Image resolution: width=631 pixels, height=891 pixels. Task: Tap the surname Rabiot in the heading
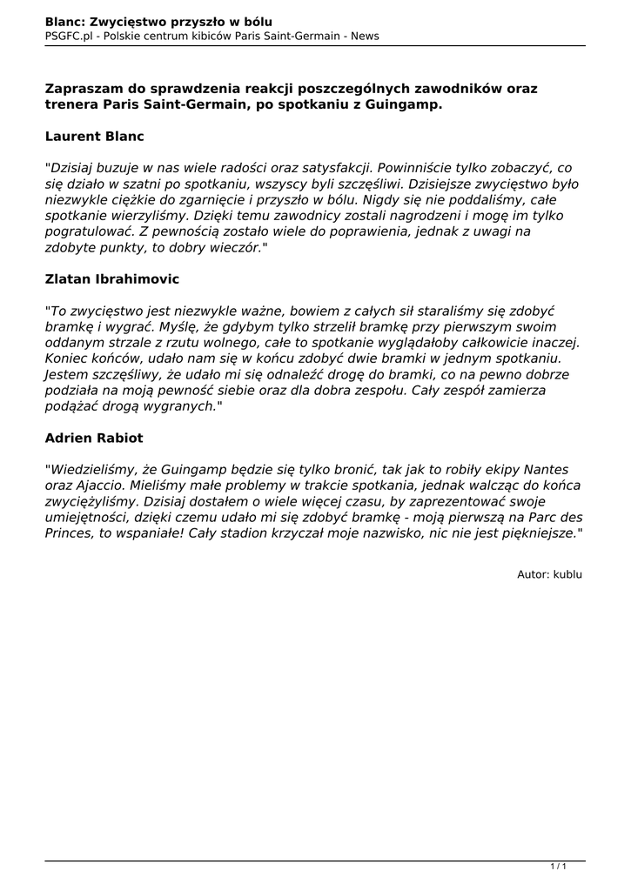tap(117, 438)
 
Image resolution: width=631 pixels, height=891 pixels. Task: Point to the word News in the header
tap(364, 36)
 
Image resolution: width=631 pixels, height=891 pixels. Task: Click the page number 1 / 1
tap(559, 866)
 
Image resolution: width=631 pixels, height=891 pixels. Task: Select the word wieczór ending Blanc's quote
tap(233, 247)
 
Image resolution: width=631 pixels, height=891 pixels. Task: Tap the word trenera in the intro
tap(71, 104)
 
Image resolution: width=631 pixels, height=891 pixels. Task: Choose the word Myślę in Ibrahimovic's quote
tap(185, 325)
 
